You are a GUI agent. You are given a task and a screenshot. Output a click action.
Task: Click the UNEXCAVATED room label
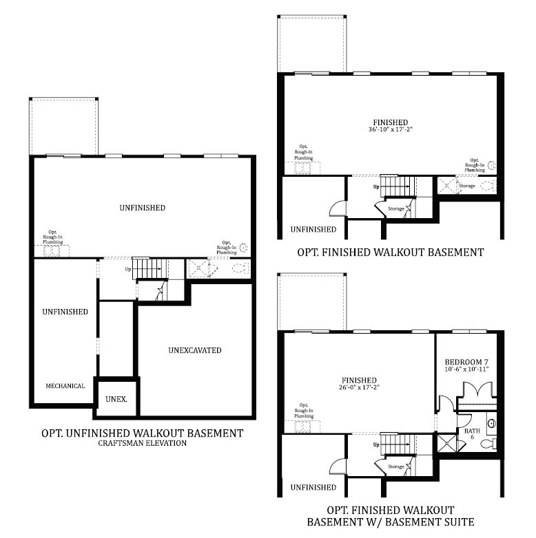pos(195,350)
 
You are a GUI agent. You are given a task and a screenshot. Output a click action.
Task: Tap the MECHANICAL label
pos(65,386)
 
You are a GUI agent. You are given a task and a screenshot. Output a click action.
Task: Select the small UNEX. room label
pos(115,399)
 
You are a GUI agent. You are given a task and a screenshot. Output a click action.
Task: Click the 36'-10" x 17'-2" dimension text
pos(391,129)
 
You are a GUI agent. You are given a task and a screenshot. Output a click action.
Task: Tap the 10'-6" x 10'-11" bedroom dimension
pos(466,369)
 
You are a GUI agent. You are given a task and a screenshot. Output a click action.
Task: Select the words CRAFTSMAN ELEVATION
pos(142,444)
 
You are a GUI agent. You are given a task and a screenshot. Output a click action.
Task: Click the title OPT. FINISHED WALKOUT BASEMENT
pos(390,252)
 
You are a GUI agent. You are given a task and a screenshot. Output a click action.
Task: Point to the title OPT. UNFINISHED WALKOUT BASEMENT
pos(142,433)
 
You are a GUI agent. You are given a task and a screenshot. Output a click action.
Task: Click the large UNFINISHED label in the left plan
pos(142,208)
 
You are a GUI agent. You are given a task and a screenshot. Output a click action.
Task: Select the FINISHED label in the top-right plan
pos(391,121)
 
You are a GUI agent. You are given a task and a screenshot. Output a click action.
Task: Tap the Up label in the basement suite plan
pos(375,444)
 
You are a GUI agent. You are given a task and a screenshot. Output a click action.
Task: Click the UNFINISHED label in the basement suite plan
pos(313,487)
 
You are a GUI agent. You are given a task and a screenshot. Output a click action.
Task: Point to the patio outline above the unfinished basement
pos(63,127)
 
